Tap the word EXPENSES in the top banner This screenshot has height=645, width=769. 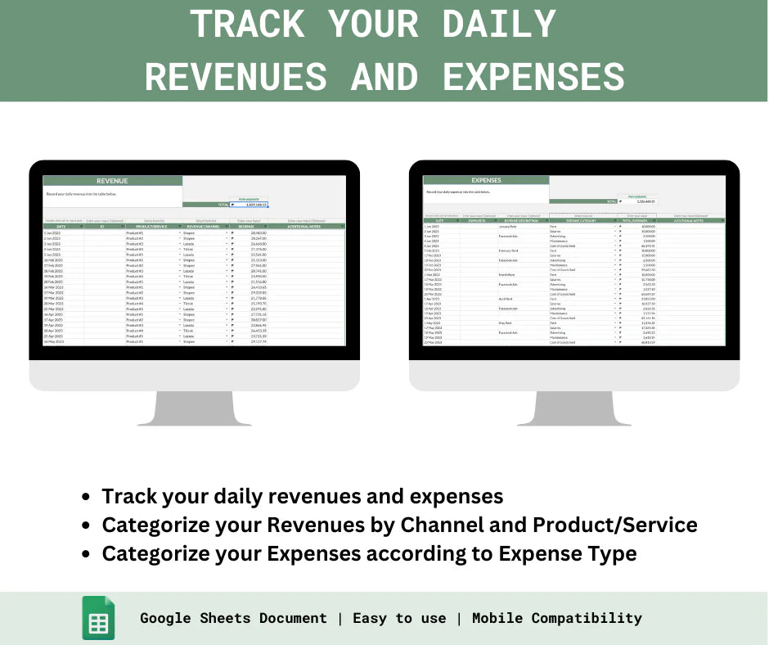pyautogui.click(x=534, y=76)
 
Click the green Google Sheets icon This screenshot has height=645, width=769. pyautogui.click(x=98, y=618)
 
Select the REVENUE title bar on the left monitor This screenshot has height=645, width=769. pyautogui.click(x=112, y=181)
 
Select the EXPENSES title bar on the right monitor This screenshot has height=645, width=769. pyautogui.click(x=487, y=180)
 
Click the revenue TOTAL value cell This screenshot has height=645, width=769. pyautogui.click(x=250, y=205)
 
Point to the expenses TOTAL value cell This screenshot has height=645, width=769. pyautogui.click(x=636, y=201)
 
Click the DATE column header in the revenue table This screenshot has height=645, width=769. pyautogui.click(x=62, y=226)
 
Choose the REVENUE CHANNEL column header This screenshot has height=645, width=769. pyautogui.click(x=205, y=226)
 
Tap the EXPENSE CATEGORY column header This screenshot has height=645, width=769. pyautogui.click(x=583, y=220)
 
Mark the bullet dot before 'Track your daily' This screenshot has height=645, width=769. pyautogui.click(x=86, y=497)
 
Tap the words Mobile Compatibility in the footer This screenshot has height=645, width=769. pyautogui.click(x=556, y=618)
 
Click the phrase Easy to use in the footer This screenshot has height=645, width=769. pyautogui.click(x=399, y=618)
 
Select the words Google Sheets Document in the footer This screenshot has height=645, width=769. pyautogui.click(x=233, y=618)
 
